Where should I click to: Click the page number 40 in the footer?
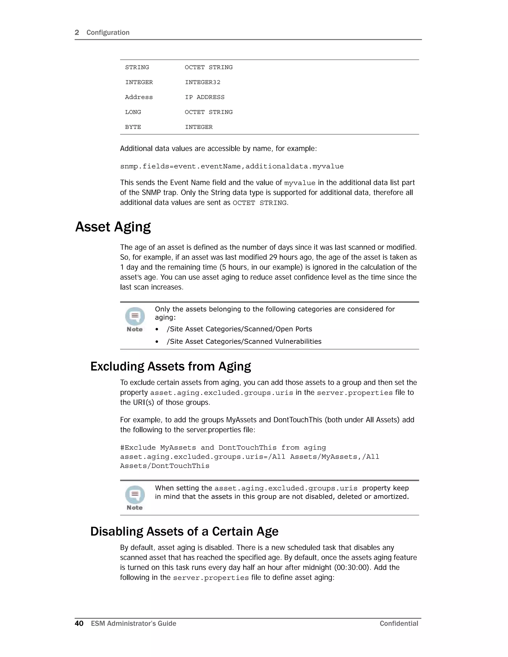point(79,623)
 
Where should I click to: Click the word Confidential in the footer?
point(399,623)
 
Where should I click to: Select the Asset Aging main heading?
point(113,227)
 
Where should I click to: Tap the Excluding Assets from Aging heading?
point(171,366)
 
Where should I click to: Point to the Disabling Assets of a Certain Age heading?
point(184,532)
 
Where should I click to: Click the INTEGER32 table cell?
point(203,82)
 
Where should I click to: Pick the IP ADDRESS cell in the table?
point(205,97)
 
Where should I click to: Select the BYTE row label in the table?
point(133,127)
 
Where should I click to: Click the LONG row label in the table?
point(133,112)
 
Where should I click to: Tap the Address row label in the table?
point(139,97)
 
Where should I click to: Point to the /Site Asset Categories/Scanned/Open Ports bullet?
point(239,329)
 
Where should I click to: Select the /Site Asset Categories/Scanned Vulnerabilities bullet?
point(244,341)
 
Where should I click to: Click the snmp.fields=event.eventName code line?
point(232,166)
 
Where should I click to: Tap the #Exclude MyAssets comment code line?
point(223,448)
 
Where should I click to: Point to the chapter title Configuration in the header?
point(108,32)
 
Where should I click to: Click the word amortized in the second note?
point(391,497)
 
